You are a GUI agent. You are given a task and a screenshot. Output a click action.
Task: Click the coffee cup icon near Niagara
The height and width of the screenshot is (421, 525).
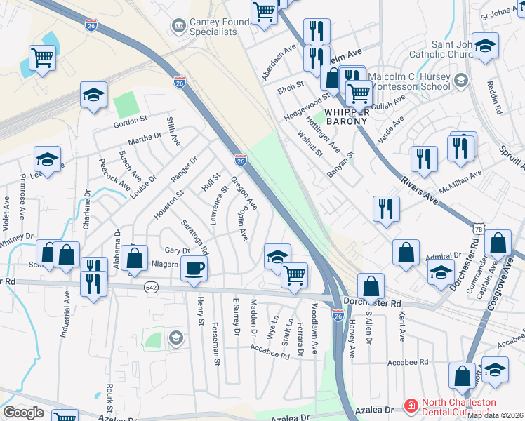coord(194,268)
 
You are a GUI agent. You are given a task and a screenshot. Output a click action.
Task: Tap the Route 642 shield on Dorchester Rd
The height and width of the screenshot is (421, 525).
coord(151,287)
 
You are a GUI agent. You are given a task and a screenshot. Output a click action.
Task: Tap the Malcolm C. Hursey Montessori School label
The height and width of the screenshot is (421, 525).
coord(409,81)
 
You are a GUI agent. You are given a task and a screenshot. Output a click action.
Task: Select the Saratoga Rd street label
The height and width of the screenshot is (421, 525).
coord(194,237)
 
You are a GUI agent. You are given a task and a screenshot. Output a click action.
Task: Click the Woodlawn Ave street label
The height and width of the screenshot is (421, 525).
coord(314,328)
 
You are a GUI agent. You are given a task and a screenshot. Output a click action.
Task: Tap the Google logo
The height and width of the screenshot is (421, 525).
coord(23,413)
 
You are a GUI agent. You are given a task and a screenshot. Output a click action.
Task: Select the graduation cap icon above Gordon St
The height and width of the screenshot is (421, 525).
coord(93,95)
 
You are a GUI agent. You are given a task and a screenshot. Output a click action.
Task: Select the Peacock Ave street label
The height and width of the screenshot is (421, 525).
coord(114,175)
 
